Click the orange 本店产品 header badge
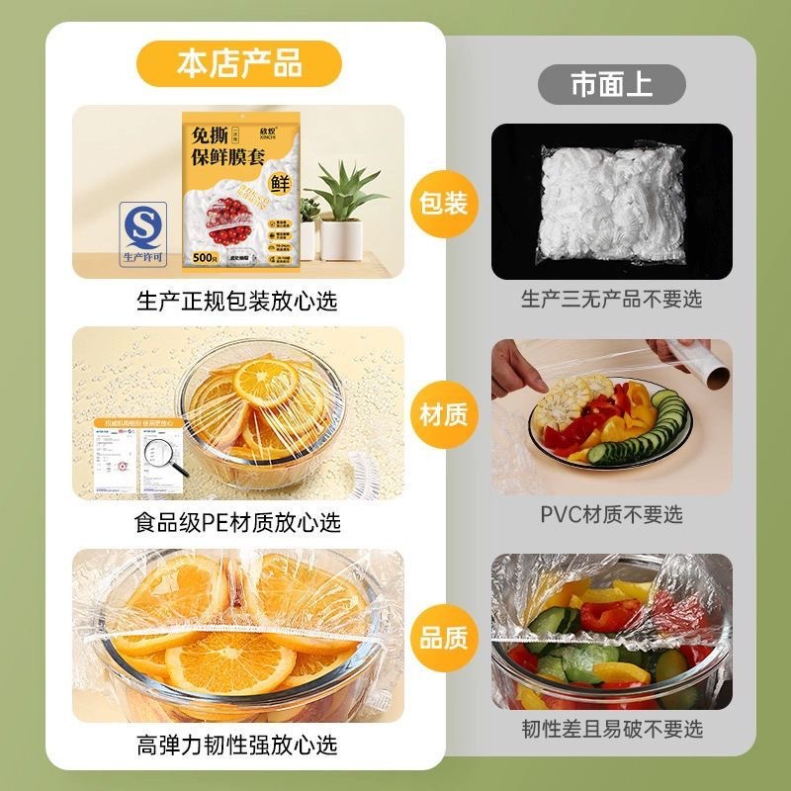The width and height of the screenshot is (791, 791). coord(239,64)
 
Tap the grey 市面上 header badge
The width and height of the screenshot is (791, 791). coord(611,85)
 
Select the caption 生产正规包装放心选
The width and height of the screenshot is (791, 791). coord(237,300)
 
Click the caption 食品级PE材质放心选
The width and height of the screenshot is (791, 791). coord(237,521)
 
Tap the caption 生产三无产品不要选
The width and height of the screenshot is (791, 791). coord(611,299)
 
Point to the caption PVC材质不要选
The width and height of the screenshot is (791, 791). coord(611,514)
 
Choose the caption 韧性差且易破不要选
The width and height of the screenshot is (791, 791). coord(611,729)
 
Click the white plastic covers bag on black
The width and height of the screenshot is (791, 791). coord(611,201)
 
